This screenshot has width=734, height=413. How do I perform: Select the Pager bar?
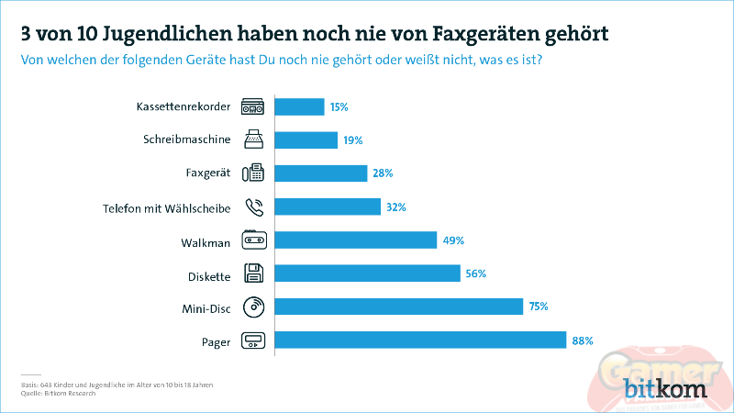tap(420, 340)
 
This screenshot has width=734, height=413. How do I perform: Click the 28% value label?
tap(382, 173)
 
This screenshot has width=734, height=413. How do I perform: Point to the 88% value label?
tap(583, 340)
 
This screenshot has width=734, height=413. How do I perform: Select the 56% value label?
tap(475, 273)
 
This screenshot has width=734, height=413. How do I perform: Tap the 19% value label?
tap(353, 140)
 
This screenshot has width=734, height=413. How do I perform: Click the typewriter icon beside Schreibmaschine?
tap(253, 140)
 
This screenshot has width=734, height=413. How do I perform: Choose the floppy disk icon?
tap(253, 273)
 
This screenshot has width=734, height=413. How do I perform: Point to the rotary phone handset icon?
tap(253, 207)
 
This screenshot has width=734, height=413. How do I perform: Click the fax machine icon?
tap(253, 173)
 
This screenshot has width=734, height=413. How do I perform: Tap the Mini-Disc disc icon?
tap(253, 307)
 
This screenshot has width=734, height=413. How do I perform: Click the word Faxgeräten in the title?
tap(473, 34)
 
